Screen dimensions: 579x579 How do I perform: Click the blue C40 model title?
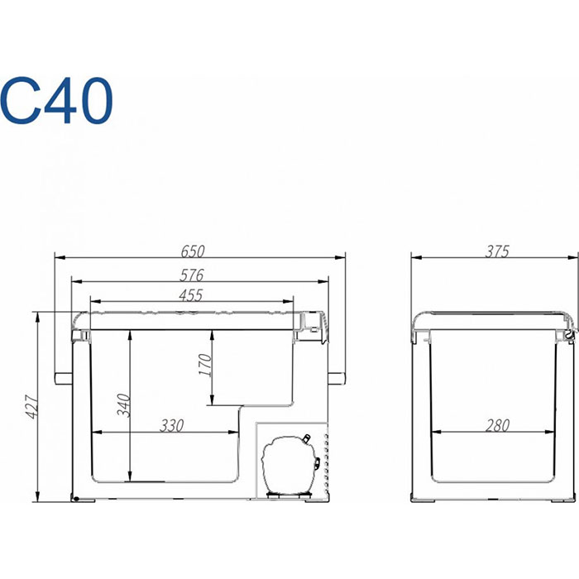[55, 100]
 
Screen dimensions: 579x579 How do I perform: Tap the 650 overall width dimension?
[193, 251]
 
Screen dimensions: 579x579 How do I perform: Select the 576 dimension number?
[192, 275]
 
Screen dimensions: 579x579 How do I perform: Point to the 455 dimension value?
[190, 295]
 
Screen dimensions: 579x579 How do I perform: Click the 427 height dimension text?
[32, 407]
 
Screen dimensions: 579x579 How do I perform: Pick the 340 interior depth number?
[124, 405]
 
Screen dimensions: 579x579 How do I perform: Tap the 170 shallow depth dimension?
[205, 365]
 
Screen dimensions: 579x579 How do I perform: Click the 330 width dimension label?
[172, 426]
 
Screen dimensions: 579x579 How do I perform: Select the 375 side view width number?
[497, 251]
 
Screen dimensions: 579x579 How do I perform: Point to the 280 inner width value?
[497, 426]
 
